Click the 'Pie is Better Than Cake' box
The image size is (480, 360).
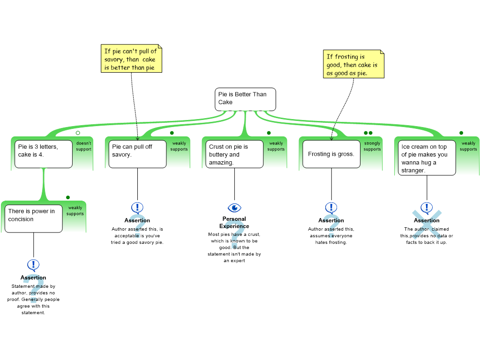pos(245,99)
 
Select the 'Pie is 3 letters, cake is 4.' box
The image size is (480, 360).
pos(43,154)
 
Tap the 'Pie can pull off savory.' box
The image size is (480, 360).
pos(137,154)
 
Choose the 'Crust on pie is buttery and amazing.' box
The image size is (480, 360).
pos(234,154)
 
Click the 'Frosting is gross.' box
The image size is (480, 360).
pos(331,154)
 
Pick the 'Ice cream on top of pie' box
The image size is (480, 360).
pos(427,158)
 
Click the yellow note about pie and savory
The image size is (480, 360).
pos(131,59)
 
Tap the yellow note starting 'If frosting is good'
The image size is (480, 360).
pos(353,64)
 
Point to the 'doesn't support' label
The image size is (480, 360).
pos(84,146)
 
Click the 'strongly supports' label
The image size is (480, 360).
pos(372,146)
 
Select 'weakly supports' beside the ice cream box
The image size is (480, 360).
pos(468,146)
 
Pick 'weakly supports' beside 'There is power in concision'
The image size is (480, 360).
pos(75,210)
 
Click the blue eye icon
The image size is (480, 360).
pos(234,208)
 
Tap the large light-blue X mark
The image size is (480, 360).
pos(427,225)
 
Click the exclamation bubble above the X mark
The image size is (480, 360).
pos(427,207)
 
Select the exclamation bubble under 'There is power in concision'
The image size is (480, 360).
pos(33,265)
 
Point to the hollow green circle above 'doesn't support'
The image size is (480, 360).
pos(78,133)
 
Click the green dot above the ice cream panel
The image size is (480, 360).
pos(461,133)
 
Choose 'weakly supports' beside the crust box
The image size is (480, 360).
pos(276,146)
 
